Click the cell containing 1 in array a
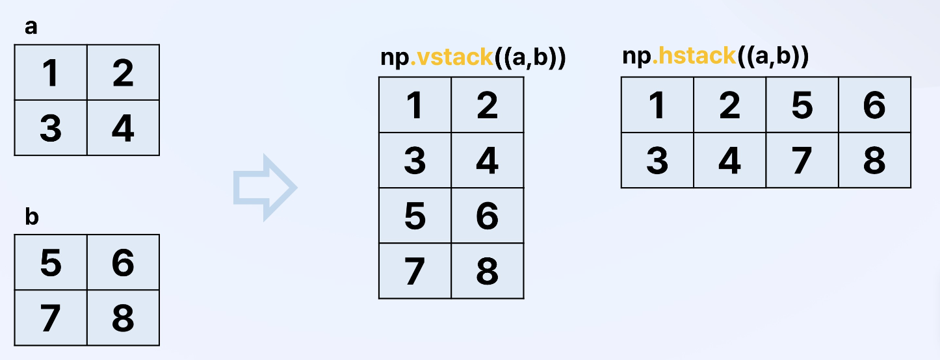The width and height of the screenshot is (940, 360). tap(51, 73)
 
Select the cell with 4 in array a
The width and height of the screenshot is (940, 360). tap(123, 128)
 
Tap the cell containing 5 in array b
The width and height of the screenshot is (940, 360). tap(51, 263)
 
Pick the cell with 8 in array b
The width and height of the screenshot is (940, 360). tap(123, 318)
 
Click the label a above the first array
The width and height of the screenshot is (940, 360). tap(31, 28)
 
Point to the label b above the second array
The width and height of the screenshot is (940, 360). tap(31, 218)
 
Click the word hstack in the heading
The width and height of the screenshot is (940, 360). tap(694, 57)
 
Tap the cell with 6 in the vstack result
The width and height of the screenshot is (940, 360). tap(487, 216)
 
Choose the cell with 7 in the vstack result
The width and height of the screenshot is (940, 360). tap(415, 271)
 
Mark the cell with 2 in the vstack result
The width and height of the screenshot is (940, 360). tap(487, 105)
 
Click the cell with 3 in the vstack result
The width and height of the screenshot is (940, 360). tap(415, 161)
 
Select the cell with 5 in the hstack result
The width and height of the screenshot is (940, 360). tap(802, 105)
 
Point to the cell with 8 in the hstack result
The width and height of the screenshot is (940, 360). tap(874, 160)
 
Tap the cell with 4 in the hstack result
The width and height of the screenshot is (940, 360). tap(730, 160)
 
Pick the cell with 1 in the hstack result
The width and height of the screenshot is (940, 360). tap(657, 105)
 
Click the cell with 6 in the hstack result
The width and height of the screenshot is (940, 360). tap(874, 105)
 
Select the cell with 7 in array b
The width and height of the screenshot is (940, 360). tap(51, 318)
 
